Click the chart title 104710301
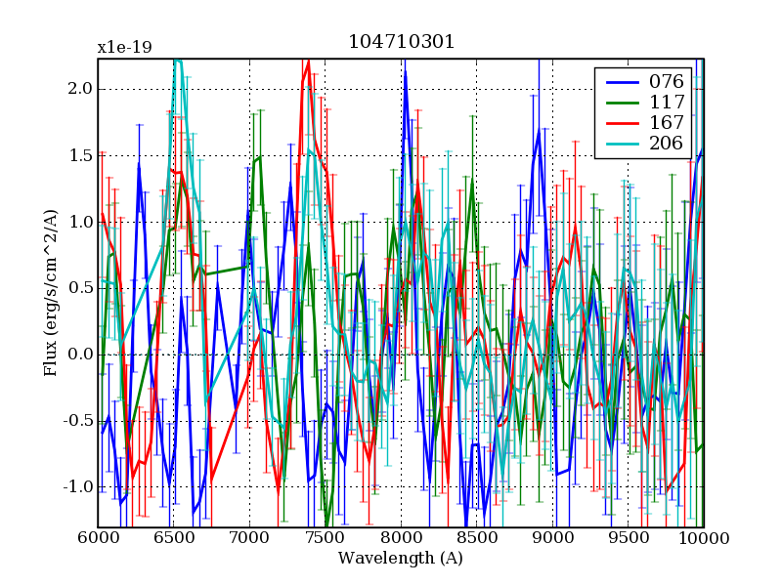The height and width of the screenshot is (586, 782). pyautogui.click(x=401, y=43)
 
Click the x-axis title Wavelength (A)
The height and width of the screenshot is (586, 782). pyautogui.click(x=401, y=559)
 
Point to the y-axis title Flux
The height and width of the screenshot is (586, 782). pyautogui.click(x=51, y=293)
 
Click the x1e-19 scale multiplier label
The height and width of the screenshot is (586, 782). pyautogui.click(x=124, y=47)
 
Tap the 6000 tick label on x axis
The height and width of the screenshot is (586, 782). pyautogui.click(x=98, y=538)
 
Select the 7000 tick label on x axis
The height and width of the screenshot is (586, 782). pyautogui.click(x=249, y=538)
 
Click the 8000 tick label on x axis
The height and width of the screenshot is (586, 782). pyautogui.click(x=401, y=538)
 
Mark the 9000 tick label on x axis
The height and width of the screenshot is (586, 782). pyautogui.click(x=552, y=538)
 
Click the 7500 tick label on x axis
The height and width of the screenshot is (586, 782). pyautogui.click(x=326, y=538)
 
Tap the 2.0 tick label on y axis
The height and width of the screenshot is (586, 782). pyautogui.click(x=80, y=89)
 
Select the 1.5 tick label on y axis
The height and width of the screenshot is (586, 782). pyautogui.click(x=80, y=155)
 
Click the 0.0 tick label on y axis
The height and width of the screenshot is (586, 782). pyautogui.click(x=80, y=355)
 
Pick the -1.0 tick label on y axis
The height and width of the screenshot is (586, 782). pyautogui.click(x=77, y=487)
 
